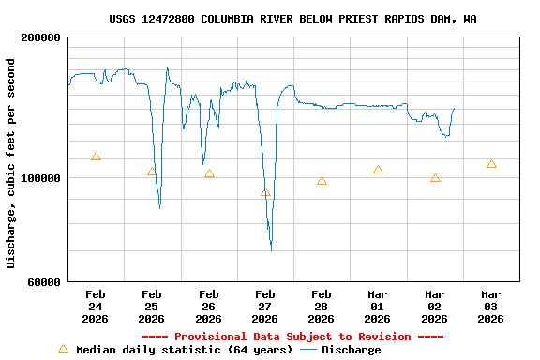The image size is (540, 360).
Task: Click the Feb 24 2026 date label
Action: (96, 306)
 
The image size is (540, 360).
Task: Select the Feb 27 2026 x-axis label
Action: (265, 306)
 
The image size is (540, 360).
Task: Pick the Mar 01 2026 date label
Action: (378, 306)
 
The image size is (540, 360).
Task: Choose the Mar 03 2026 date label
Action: (491, 306)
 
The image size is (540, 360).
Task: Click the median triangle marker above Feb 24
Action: (96, 157)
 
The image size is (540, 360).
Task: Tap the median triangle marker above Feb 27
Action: (265, 193)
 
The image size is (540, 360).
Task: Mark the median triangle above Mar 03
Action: (491, 164)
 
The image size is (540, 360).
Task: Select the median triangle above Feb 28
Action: (322, 181)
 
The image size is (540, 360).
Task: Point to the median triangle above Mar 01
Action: (378, 170)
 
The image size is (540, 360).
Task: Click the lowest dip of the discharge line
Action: (271, 249)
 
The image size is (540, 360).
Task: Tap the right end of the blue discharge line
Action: (455, 108)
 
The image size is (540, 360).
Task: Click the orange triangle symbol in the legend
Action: (63, 349)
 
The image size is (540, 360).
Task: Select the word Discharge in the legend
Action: (351, 350)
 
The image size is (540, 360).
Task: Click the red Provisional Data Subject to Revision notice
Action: (292, 337)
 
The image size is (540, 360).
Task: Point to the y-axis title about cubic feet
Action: (11, 163)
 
